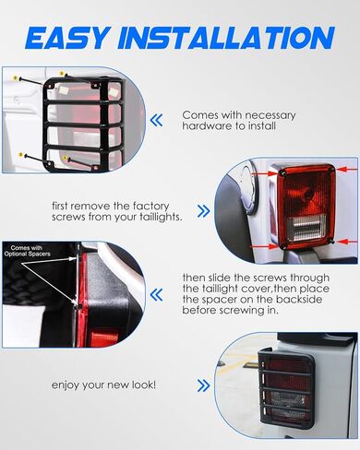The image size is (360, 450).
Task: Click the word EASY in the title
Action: click(x=68, y=38)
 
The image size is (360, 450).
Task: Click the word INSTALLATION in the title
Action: click(x=226, y=38)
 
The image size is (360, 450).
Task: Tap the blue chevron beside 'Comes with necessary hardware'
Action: click(x=156, y=120)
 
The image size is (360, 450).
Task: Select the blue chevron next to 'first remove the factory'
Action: click(x=203, y=211)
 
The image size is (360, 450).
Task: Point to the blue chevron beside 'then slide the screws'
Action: click(x=156, y=295)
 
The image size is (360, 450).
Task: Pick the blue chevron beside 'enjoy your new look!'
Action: click(x=203, y=385)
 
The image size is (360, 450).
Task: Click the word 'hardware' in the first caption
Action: click(x=201, y=126)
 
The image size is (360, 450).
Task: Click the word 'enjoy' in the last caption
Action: click(x=65, y=385)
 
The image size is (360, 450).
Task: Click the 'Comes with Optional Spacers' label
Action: click(x=27, y=251)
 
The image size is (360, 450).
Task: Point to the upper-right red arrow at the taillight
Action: click(x=347, y=170)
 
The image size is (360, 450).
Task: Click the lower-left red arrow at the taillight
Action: click(x=262, y=246)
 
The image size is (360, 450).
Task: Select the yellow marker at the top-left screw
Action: click(x=16, y=78)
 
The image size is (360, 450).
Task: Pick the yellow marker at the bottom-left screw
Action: click(x=20, y=155)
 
